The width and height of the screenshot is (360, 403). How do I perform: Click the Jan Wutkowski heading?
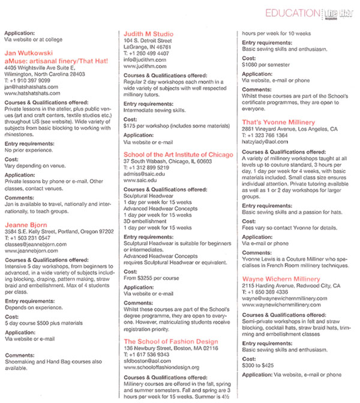(31, 53)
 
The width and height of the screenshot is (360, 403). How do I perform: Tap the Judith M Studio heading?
(148, 34)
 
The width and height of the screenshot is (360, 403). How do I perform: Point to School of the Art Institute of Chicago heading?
(178, 154)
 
